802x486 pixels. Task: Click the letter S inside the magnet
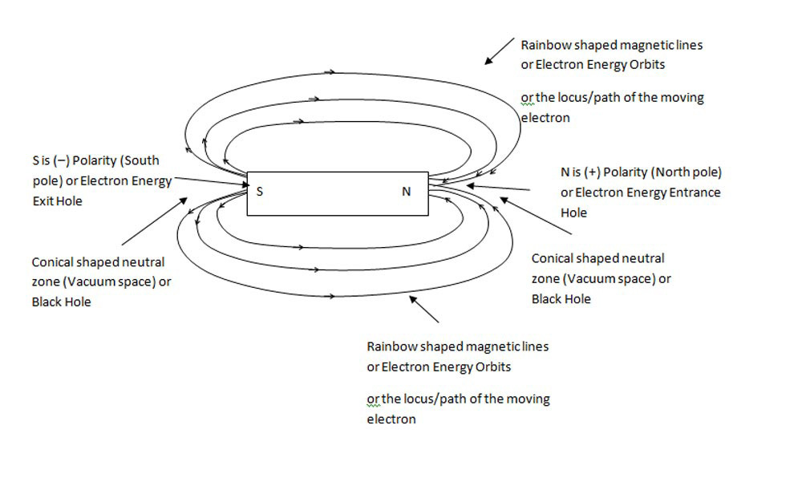[259, 192]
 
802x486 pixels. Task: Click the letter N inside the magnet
[406, 192]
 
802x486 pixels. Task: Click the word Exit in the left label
[43, 201]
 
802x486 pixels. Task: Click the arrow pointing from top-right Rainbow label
[500, 51]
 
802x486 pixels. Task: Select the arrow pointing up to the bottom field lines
[425, 308]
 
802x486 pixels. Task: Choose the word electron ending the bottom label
[391, 419]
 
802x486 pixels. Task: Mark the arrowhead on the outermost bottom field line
[332, 298]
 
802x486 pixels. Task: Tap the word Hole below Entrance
[574, 213]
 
